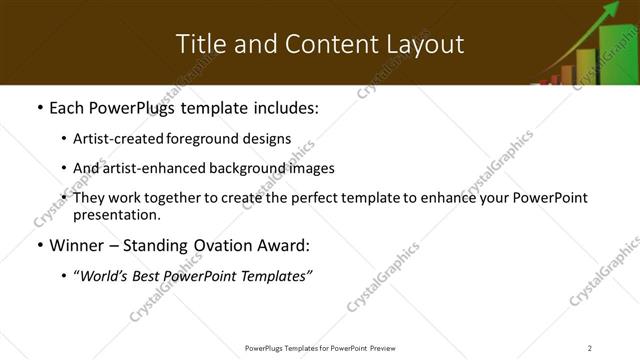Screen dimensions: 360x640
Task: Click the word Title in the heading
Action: [200, 44]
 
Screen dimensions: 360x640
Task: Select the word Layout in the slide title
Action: [426, 44]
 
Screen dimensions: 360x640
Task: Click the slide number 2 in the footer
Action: [590, 348]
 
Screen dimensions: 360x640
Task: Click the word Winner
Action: [78, 245]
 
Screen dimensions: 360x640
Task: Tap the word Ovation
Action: [226, 245]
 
